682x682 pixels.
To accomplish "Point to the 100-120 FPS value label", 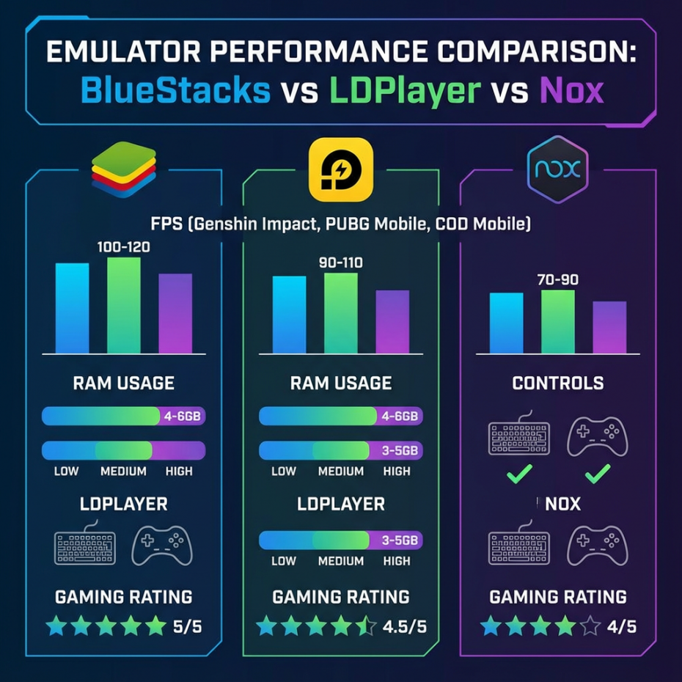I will click(123, 247).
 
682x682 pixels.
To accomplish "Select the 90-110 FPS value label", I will click(340, 263).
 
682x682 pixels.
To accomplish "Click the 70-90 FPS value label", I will click(557, 279).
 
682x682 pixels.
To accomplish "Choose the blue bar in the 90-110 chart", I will click(290, 315).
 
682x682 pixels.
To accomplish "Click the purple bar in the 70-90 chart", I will click(609, 327).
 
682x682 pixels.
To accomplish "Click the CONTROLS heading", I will click(558, 383).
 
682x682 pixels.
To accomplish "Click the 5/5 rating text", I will click(187, 627).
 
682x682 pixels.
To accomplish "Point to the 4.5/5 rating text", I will click(403, 627).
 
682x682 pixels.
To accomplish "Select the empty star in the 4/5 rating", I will click(590, 627).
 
